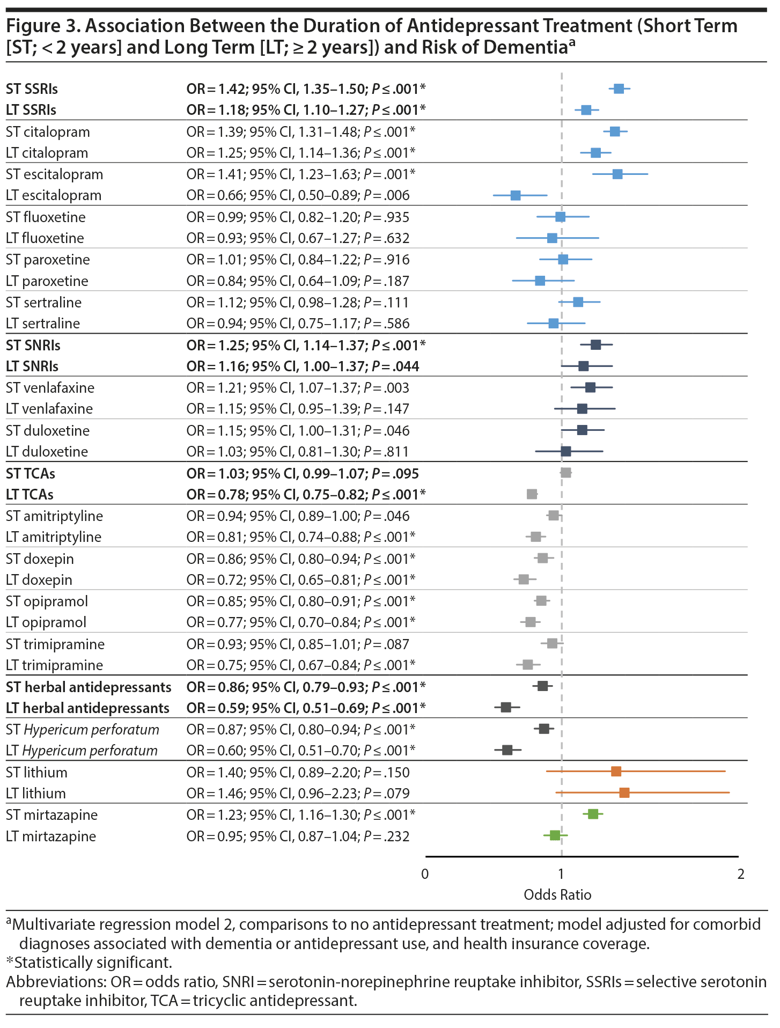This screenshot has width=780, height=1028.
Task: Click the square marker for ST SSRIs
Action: [x=619, y=89]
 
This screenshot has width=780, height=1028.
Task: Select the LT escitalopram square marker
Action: [x=516, y=195]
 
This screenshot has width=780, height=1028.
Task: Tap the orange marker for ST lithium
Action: [x=616, y=772]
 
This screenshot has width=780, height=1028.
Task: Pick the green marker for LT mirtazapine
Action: [x=555, y=835]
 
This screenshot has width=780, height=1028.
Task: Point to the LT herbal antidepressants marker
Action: [x=506, y=707]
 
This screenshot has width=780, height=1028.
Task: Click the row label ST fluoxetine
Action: [x=46, y=217]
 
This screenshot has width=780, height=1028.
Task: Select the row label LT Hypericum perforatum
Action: [x=82, y=751]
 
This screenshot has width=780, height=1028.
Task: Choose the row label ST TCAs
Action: [x=31, y=474]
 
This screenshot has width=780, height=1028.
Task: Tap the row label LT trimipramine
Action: [x=54, y=665]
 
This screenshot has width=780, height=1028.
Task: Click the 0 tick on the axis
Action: [x=425, y=874]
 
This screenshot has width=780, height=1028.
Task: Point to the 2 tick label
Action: [x=741, y=874]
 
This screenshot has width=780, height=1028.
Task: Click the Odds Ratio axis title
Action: [x=557, y=895]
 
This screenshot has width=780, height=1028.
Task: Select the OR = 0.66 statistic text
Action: [x=298, y=195]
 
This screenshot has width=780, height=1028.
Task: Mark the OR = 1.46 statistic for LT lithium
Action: [x=298, y=794]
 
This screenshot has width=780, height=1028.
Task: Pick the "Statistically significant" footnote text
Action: [x=93, y=963]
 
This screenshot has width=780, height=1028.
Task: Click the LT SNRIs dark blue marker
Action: [x=584, y=366]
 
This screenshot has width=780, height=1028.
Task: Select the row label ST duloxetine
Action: [x=48, y=431]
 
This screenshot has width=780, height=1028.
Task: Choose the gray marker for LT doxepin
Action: [x=524, y=579]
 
